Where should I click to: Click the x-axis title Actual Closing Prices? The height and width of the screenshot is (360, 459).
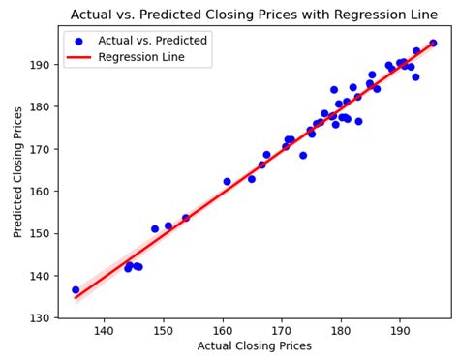[x=256, y=345]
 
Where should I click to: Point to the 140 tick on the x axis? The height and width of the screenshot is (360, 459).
[x=104, y=329]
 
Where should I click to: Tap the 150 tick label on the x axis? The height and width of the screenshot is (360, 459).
[x=163, y=329]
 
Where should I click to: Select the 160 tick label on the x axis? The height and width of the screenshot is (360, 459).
[x=223, y=329]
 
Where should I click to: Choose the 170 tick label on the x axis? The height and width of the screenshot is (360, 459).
[x=282, y=329]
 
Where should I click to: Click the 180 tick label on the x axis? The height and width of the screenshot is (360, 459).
[x=341, y=329]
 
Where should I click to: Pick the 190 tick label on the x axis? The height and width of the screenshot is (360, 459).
[x=400, y=329]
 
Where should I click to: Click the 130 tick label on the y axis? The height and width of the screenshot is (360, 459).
[x=42, y=318]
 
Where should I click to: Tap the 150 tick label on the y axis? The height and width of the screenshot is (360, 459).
[x=42, y=233]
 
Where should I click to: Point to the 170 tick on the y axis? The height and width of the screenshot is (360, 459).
[x=42, y=149]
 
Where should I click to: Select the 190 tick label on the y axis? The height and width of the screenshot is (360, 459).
[x=42, y=65]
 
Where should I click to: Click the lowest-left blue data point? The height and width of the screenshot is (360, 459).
[x=76, y=290]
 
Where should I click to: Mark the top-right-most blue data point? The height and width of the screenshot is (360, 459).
[x=433, y=43]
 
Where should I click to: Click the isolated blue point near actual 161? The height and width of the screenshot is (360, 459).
[x=228, y=181]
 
